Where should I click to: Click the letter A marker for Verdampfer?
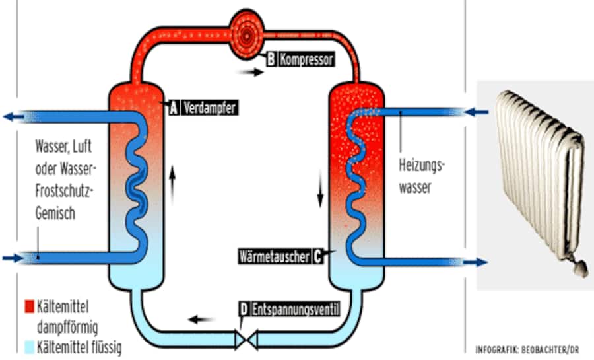174,108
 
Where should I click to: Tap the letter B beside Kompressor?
271,59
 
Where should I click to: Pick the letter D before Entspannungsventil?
244,308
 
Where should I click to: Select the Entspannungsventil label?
295,308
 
